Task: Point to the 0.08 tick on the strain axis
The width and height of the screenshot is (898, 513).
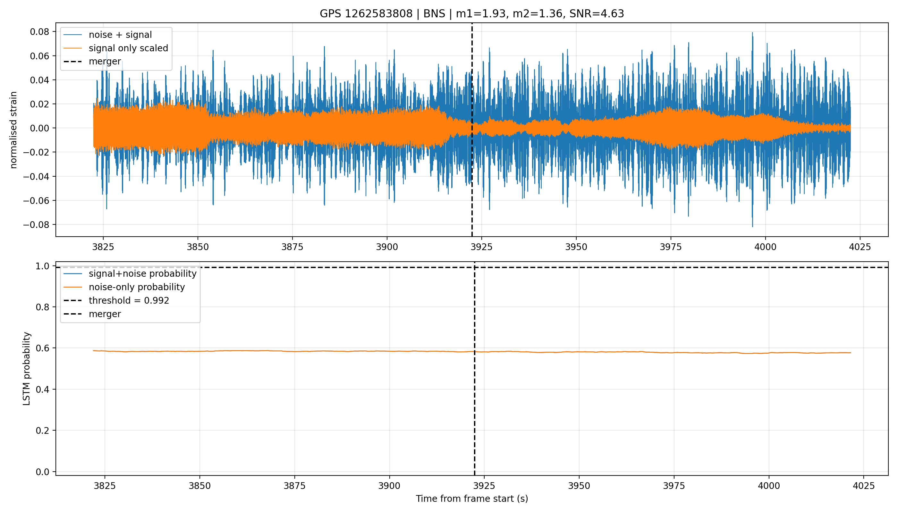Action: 39,32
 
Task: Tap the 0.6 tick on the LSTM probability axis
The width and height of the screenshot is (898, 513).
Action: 43,348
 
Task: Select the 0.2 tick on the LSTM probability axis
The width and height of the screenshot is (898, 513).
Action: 43,431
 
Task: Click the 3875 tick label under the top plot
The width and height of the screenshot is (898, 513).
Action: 292,247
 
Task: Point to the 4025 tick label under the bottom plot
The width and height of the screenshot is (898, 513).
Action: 863,486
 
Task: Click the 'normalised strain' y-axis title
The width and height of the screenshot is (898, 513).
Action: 13,130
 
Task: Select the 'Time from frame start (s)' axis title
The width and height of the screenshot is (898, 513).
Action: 472,499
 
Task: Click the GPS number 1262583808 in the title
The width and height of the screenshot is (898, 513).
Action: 378,14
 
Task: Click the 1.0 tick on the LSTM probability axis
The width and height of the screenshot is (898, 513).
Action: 43,266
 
